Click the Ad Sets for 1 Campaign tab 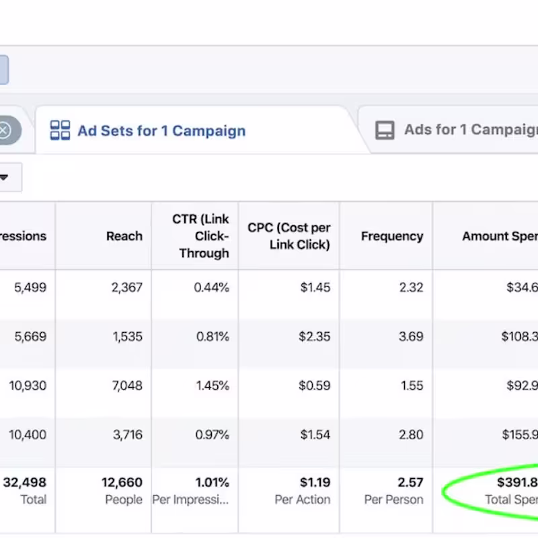pos(161,130)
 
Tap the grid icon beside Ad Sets pos(61,130)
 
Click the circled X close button pos(5,130)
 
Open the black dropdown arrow pos(4,178)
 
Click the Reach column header pos(124,236)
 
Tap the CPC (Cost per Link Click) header pos(289,236)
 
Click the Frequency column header pos(391,236)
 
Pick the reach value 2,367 pos(126,288)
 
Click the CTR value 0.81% pos(213,337)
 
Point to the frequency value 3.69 pos(411,337)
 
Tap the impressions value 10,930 pos(28,386)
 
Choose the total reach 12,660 pos(122,483)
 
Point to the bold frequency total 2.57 pos(410,483)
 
